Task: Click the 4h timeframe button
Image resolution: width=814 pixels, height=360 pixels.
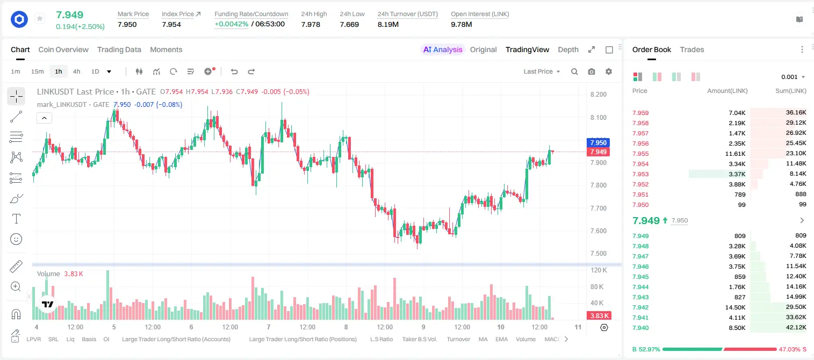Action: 76,71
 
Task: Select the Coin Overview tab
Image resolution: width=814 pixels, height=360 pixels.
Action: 63,49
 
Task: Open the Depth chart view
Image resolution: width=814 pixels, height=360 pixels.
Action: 568,49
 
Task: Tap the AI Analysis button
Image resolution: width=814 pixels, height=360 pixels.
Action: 443,49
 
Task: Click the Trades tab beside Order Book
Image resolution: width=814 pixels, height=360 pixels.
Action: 692,49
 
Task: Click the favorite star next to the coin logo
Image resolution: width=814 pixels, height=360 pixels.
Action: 40,18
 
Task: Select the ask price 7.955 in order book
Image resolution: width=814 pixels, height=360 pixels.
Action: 640,154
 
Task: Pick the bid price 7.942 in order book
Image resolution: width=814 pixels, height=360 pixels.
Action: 640,307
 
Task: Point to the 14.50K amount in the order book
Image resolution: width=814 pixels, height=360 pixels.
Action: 735,307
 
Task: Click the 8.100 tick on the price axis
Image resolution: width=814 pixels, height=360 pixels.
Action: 598,117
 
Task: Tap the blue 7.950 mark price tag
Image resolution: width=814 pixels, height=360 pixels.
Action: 598,142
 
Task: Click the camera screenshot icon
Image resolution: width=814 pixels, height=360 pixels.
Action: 592,71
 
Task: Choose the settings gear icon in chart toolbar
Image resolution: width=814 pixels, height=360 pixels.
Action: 609,71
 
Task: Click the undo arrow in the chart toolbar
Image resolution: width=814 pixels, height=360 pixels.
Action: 234,71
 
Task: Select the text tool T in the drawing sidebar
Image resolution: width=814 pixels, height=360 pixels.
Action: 16,219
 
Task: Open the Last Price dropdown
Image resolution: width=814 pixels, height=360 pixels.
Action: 542,71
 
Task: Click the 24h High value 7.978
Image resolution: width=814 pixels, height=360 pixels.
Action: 311,24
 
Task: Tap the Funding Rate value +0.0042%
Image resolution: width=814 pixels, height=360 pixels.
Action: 232,24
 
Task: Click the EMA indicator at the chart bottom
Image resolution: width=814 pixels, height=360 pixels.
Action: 501,339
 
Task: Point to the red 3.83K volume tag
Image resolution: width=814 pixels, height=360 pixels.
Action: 599,316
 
